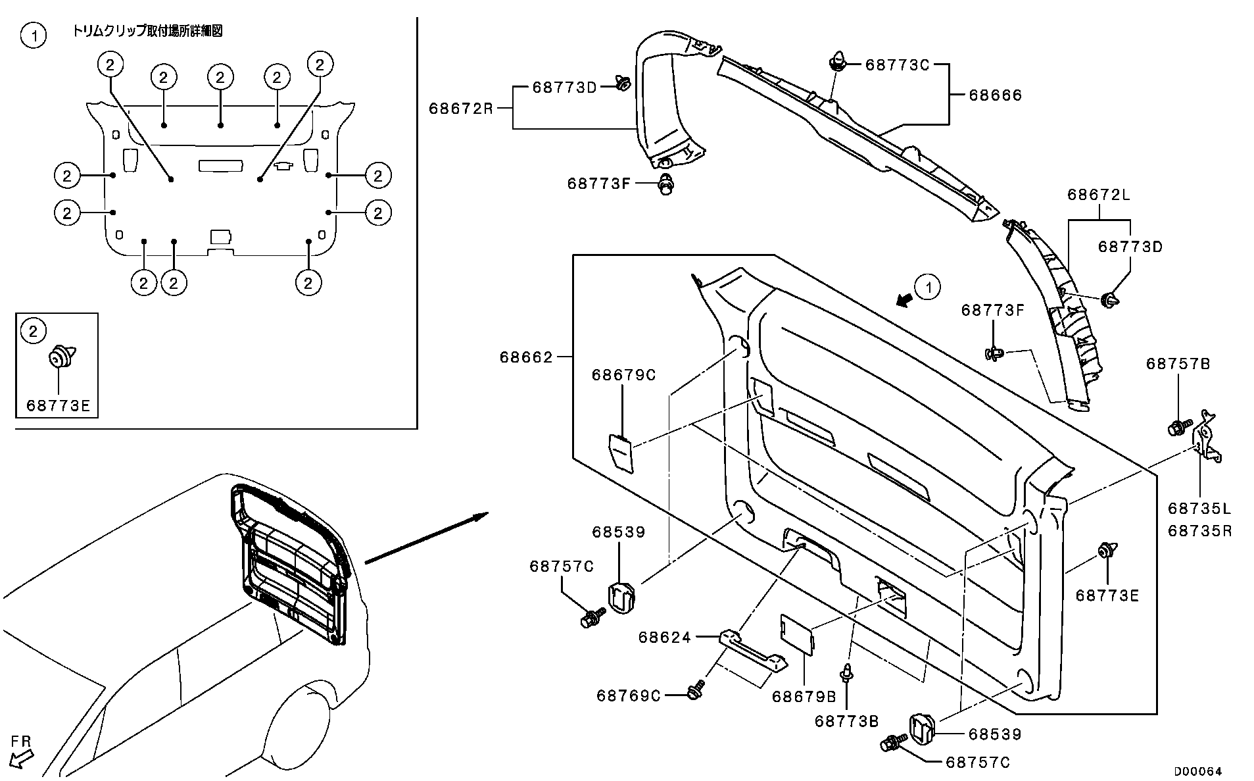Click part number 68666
pos(995,95)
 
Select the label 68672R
pos(460,109)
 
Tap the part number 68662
pos(525,358)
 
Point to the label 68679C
pos(623,375)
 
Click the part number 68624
pos(665,637)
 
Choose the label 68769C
pos(628,695)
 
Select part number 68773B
pos(846,721)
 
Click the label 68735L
pos(1199,509)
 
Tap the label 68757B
pos(1178,364)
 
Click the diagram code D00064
pos(1199,770)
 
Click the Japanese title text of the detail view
pos(147,32)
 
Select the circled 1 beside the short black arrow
pos(928,288)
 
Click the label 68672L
pos(1098,195)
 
